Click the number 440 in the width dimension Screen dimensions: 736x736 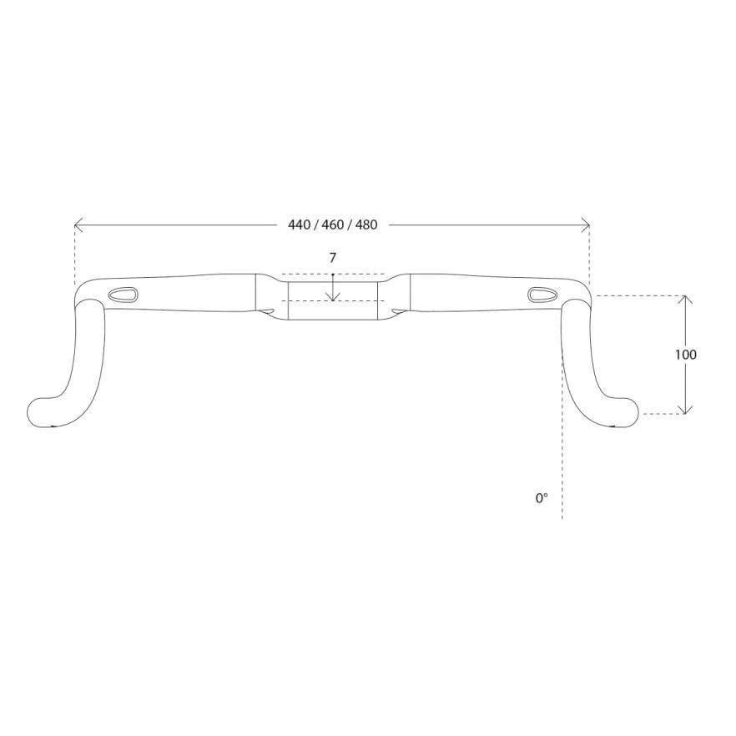(299, 225)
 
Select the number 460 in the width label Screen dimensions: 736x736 (333, 225)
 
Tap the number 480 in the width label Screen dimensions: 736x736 (366, 225)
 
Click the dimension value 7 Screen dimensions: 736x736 (332, 258)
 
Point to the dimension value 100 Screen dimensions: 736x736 (685, 355)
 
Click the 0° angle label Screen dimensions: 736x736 (542, 498)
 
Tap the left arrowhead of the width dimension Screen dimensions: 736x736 (78, 225)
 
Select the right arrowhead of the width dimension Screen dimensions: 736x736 (587, 225)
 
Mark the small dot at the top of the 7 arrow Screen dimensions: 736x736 (333, 275)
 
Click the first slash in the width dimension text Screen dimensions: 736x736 (315, 225)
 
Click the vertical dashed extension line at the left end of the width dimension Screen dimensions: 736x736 (75, 255)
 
